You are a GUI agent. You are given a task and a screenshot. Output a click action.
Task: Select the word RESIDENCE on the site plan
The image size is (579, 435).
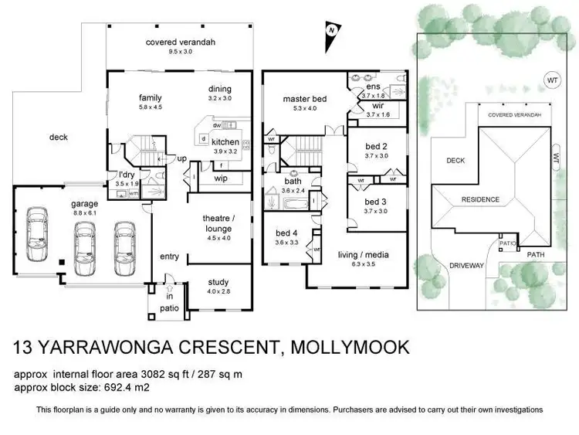point(480,199)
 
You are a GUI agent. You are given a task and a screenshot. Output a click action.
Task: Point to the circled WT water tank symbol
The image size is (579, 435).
point(550,80)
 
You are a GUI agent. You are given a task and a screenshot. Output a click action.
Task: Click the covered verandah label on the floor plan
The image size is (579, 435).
point(172,42)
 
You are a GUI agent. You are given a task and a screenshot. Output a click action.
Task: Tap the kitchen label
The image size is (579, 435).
point(225,142)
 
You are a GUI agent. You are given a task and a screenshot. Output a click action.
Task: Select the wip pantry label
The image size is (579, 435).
point(220,178)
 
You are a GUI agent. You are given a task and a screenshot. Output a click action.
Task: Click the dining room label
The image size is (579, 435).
point(220,88)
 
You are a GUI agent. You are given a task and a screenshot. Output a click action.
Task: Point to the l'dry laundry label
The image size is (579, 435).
point(127,175)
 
